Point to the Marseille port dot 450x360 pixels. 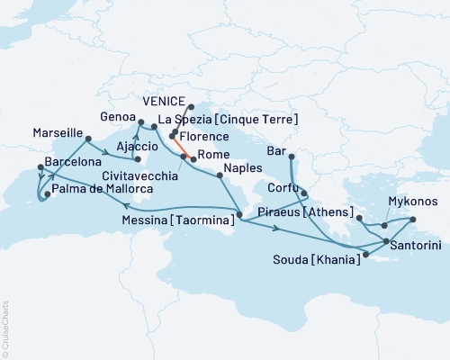88,139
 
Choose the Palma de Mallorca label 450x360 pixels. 101,190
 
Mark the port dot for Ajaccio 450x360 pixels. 138,171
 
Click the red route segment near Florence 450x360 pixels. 178,145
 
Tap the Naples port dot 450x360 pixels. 218,175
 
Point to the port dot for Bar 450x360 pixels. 291,158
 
